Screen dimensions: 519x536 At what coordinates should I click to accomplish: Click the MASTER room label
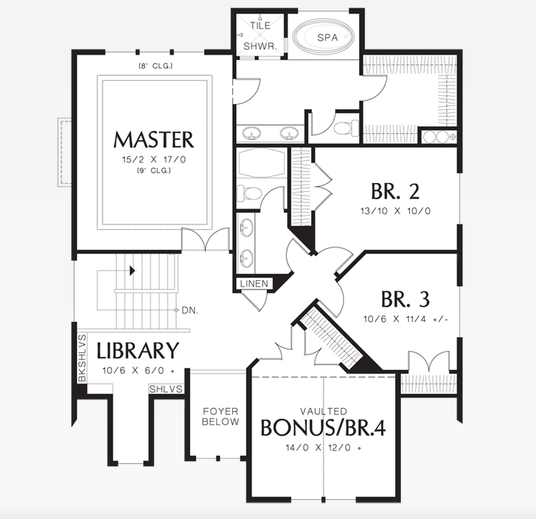point(153,139)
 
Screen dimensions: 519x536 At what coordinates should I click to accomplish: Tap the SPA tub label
point(327,37)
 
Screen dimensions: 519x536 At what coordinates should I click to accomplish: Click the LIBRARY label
point(138,351)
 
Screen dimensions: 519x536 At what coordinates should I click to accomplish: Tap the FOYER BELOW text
point(220,416)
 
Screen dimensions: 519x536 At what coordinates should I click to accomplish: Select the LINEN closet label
point(253,284)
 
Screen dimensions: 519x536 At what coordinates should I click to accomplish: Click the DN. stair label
point(190,309)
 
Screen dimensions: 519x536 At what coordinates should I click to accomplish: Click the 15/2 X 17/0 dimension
point(153,160)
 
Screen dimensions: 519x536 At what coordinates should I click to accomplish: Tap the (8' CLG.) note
point(155,66)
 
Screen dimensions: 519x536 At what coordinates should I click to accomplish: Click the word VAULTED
point(323,411)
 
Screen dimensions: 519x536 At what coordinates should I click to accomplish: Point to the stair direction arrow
point(131,271)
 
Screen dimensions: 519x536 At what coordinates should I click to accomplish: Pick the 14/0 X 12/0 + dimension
point(323,447)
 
